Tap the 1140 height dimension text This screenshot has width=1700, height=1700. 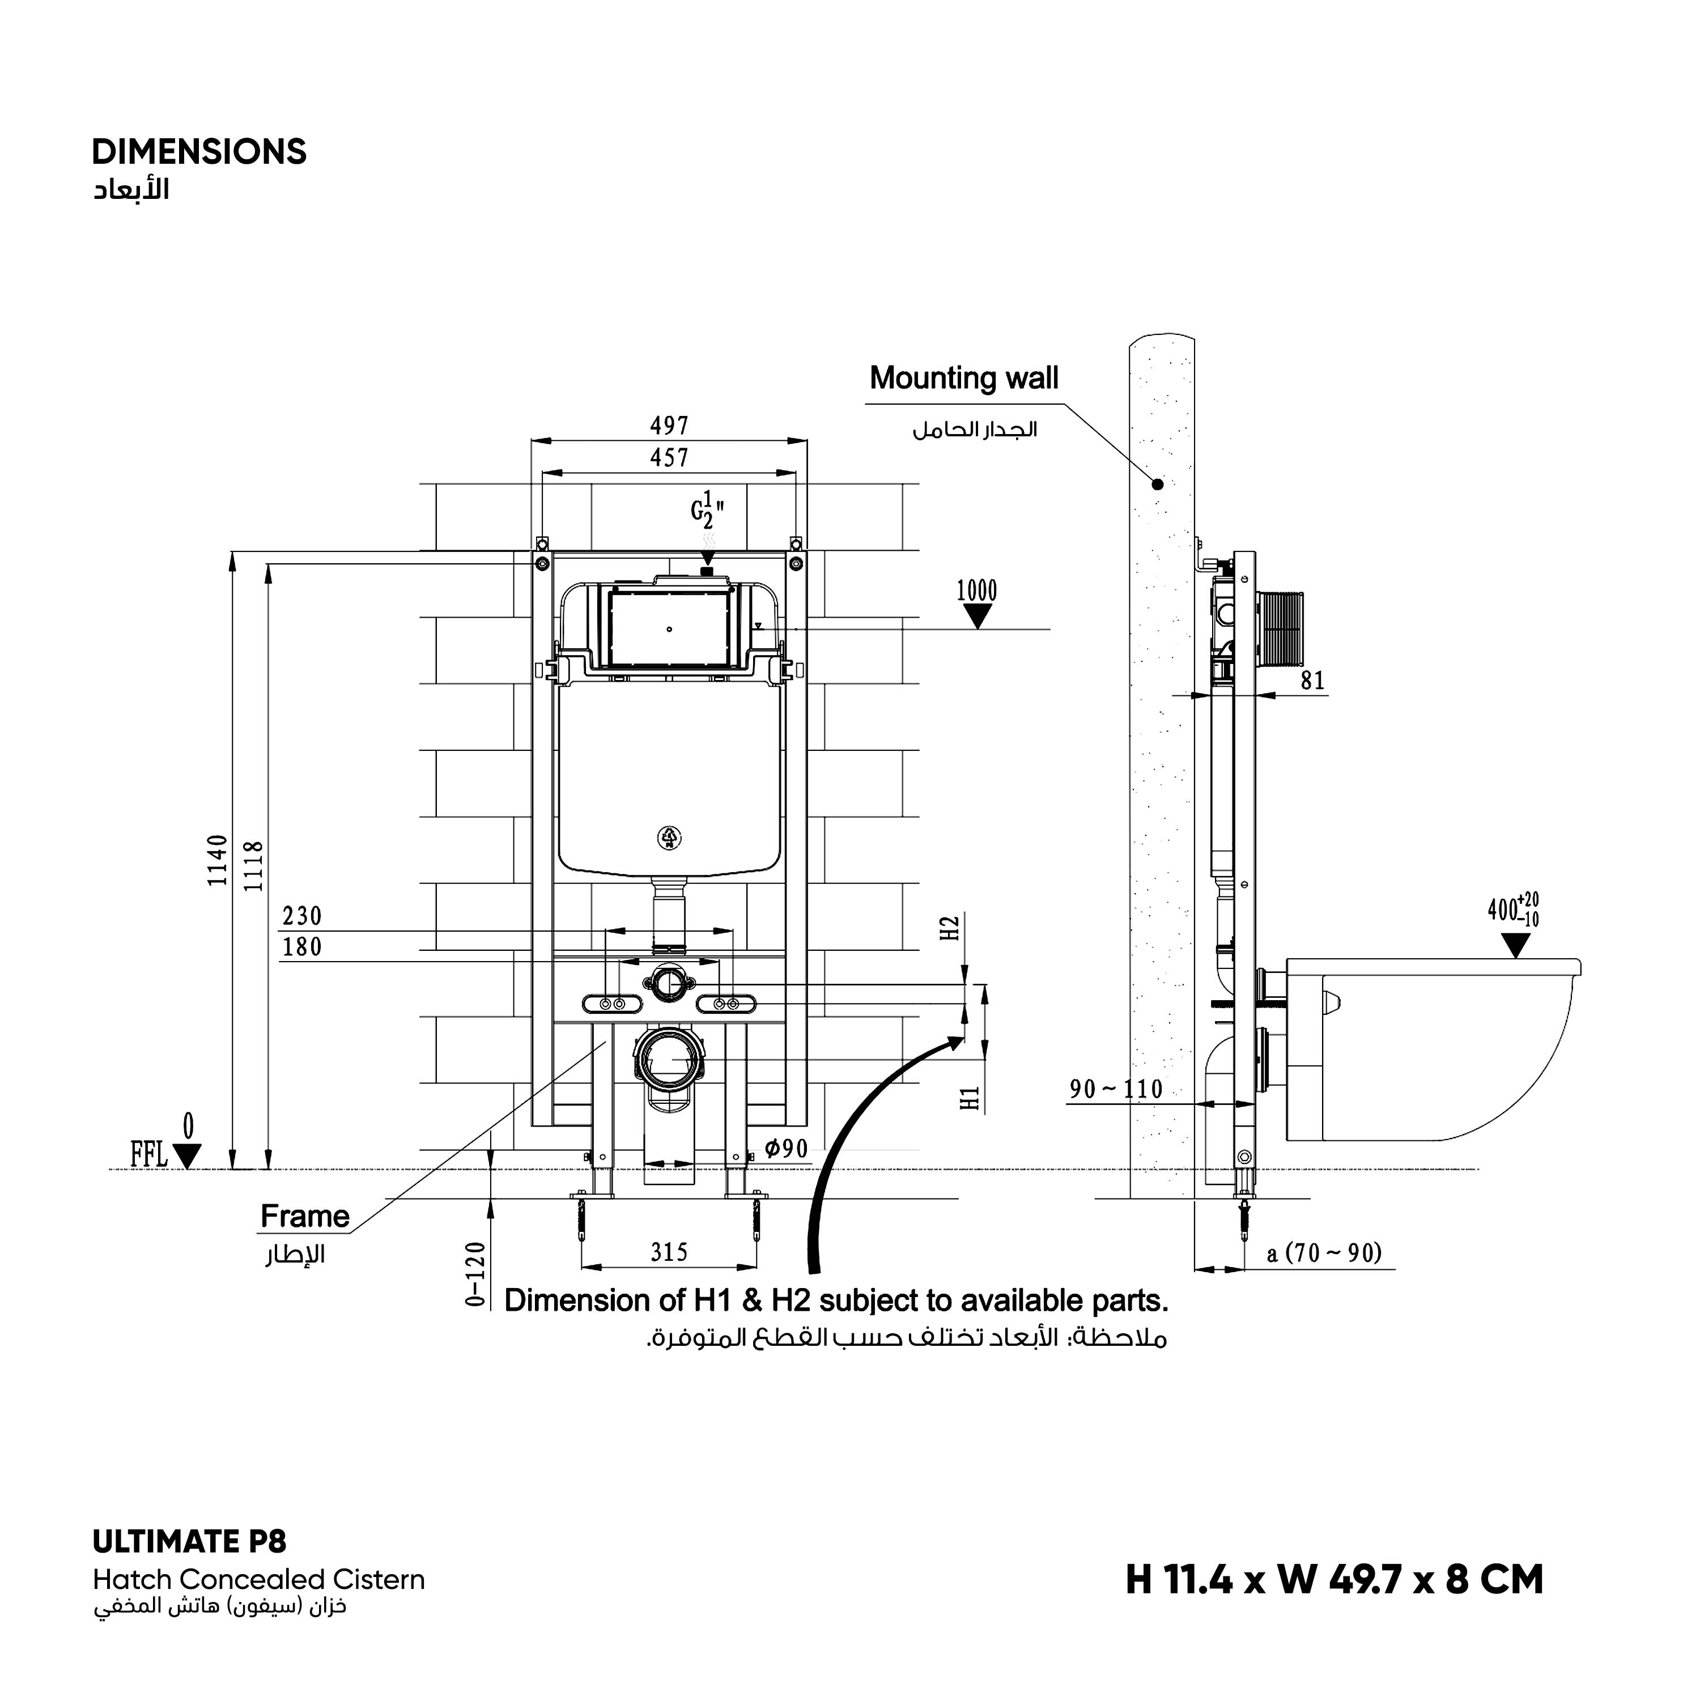click(x=218, y=861)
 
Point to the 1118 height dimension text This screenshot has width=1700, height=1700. click(x=253, y=866)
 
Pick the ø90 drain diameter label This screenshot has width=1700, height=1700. click(x=786, y=1149)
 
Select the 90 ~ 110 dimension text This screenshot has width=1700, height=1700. click(x=1116, y=1089)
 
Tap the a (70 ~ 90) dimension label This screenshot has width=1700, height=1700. click(x=1324, y=1252)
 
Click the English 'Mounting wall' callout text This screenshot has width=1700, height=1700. click(x=963, y=379)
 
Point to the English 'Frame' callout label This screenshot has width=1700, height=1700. click(x=304, y=1217)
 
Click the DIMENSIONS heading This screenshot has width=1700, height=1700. click(x=199, y=152)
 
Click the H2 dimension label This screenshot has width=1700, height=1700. click(x=949, y=928)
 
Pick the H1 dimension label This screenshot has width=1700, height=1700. click(x=971, y=1099)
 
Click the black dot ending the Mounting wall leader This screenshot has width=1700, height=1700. click(x=1158, y=484)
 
